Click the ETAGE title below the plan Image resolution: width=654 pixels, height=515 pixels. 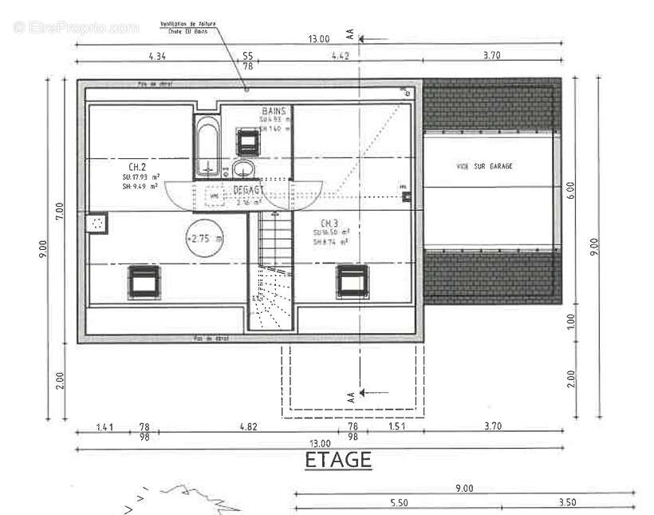coord(338,460)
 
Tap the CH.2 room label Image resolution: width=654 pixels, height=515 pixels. coord(137,167)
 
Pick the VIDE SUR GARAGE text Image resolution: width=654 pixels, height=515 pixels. coord(484,166)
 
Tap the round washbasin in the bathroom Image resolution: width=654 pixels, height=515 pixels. coord(244,168)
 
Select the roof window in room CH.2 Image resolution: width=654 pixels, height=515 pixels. coord(144,281)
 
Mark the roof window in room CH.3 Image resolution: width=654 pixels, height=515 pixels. coord(352,281)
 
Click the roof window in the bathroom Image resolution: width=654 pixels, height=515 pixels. coord(248,141)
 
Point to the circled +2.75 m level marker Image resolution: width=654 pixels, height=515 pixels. coord(205,238)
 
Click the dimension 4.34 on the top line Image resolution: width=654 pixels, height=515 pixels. coord(157,56)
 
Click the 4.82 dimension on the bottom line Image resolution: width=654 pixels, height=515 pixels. coord(249,427)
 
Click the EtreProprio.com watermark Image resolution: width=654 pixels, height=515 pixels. coord(77,27)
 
